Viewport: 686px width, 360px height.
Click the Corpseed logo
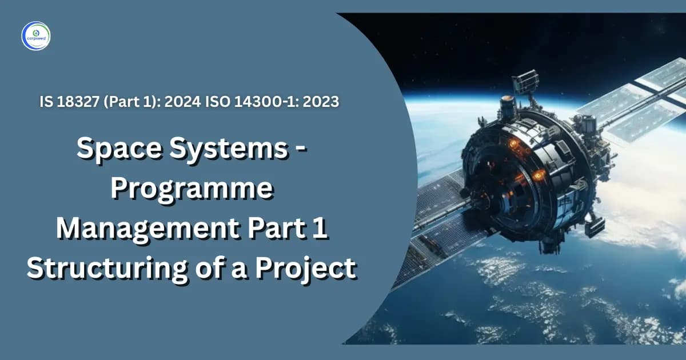pyautogui.click(x=35, y=35)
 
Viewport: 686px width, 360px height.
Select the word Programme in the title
pyautogui.click(x=192, y=189)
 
